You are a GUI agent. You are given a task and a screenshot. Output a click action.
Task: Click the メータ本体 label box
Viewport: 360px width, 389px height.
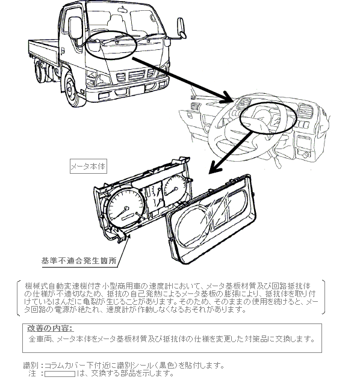coord(88,166)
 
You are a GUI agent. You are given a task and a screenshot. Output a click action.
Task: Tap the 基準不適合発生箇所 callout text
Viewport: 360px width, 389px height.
coord(79,261)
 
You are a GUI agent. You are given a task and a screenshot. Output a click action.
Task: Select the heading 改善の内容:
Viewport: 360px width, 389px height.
coord(51,328)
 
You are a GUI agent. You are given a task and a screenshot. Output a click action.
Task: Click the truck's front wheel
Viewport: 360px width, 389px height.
coord(73,88)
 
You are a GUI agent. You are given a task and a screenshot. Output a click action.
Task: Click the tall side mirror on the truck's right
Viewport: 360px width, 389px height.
coord(181,28)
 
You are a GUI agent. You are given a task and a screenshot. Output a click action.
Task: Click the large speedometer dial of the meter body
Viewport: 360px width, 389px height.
coord(126,210)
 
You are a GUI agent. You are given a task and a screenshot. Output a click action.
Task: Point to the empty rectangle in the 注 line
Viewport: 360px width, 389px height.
coord(60,374)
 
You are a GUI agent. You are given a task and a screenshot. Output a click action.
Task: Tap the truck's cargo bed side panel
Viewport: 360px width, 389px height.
coord(43,52)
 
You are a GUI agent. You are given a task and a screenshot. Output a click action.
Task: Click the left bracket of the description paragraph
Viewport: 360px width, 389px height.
coord(18,298)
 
